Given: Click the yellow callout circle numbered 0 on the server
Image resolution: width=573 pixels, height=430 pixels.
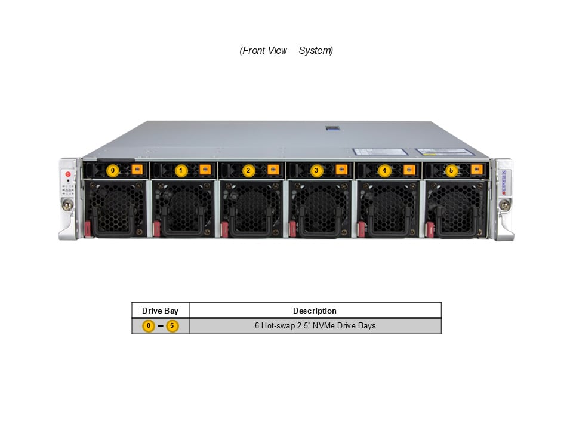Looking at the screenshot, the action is click(x=113, y=170).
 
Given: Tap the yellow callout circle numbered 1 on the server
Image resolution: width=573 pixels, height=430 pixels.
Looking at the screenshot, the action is click(x=180, y=170).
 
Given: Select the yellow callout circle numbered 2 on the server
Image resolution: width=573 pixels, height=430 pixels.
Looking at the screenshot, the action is click(x=248, y=170).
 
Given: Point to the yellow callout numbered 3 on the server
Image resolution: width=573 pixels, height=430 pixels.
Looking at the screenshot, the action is click(x=316, y=170).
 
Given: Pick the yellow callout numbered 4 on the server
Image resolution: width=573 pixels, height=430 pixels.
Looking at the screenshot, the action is click(x=384, y=170).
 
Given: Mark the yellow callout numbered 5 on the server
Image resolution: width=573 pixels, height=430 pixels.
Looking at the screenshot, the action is click(x=451, y=170).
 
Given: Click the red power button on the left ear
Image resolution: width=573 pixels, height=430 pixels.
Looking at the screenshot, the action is click(x=68, y=174).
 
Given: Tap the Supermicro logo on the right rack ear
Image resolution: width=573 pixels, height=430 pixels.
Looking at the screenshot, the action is click(x=504, y=182).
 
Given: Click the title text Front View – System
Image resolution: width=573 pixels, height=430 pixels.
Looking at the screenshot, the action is click(x=286, y=50).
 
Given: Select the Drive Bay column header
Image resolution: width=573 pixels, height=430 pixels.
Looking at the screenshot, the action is click(x=160, y=311).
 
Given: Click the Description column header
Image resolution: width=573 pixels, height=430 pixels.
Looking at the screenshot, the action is click(x=315, y=311).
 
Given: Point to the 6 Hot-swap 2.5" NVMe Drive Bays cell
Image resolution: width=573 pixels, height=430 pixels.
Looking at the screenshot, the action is click(x=315, y=326).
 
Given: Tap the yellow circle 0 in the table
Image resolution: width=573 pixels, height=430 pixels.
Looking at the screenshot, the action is click(x=149, y=326).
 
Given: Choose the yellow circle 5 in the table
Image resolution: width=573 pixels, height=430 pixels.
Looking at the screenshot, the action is click(x=172, y=326).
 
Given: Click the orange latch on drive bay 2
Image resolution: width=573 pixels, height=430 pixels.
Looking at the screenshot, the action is click(x=273, y=169).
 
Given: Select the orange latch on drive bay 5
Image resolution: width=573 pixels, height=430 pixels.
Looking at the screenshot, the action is click(x=476, y=169).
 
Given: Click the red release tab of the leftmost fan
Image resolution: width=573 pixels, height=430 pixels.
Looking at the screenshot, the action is click(x=87, y=229).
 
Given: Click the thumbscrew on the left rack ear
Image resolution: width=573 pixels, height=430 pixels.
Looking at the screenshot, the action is click(x=67, y=204).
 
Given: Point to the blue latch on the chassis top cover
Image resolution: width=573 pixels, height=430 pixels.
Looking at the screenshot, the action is click(x=333, y=128).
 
